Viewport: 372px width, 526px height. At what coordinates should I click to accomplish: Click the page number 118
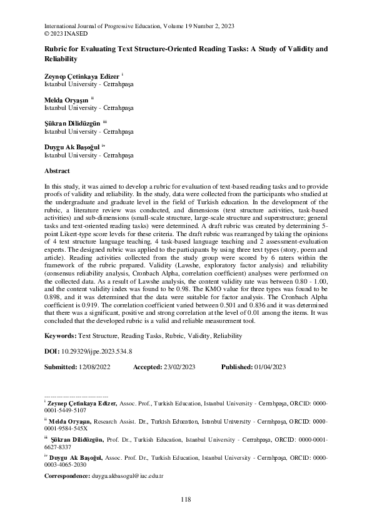(186, 499)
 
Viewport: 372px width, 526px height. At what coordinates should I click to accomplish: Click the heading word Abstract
(57, 171)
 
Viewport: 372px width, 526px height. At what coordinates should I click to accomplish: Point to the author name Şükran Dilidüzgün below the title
(71, 123)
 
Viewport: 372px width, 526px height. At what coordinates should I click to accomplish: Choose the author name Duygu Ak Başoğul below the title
(71, 147)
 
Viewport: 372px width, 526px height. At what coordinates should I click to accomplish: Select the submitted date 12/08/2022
(93, 366)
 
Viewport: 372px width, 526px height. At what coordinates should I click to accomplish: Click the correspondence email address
(128, 476)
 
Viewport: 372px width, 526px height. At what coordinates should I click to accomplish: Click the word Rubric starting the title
(55, 49)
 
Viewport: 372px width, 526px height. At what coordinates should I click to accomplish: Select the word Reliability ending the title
(60, 59)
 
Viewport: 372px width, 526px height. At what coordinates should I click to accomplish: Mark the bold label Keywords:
(61, 335)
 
